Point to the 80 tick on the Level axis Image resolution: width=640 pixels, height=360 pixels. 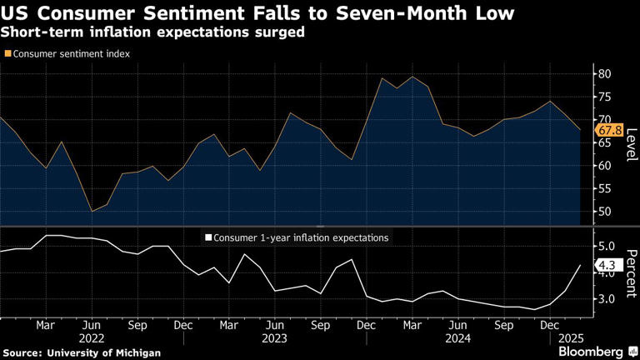605,74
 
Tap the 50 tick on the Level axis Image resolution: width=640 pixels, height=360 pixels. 605,211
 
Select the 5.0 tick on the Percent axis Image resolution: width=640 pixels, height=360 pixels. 607,247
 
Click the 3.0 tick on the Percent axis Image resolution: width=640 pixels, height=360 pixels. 607,298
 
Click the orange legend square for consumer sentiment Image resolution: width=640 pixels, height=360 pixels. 8,53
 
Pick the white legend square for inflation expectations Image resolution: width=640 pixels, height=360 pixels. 207,237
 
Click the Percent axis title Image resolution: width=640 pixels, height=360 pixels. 631,272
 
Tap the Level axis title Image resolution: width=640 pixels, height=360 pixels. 631,143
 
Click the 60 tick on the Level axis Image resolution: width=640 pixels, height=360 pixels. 605,165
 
